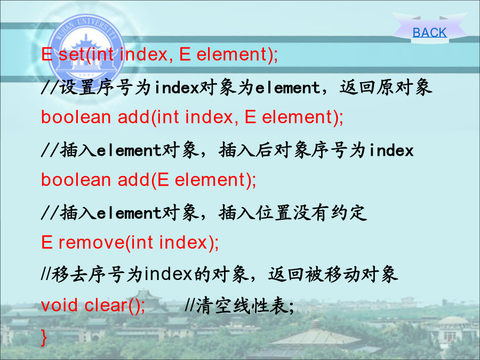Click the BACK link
(429, 33)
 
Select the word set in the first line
(71, 54)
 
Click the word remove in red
(91, 243)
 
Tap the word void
(59, 305)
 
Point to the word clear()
(113, 305)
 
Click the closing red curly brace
(44, 338)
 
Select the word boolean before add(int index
(76, 117)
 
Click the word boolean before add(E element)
(76, 180)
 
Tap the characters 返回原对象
(386, 88)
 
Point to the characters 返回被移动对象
(333, 274)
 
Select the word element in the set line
(232, 54)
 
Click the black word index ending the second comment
(391, 150)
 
